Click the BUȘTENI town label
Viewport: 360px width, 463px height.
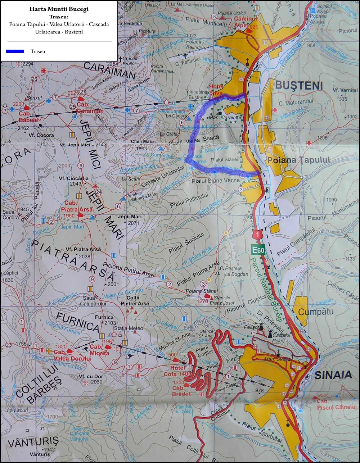(299, 85)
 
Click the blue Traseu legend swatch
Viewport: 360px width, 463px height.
(15, 51)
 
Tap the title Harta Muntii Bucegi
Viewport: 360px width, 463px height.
(59, 9)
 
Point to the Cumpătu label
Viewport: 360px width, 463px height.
(316, 312)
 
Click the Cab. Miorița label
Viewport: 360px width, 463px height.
(99, 350)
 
